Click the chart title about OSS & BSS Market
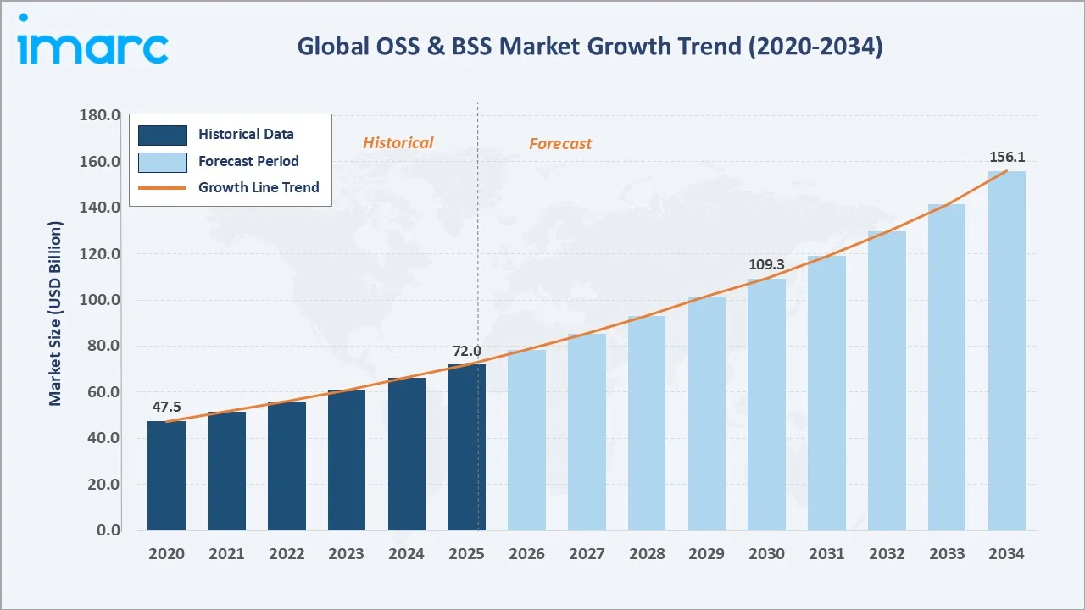pyautogui.click(x=589, y=47)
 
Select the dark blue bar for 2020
pyautogui.click(x=166, y=475)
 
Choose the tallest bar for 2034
pyautogui.click(x=1006, y=351)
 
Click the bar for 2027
pyautogui.click(x=587, y=432)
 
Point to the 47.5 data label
pyautogui.click(x=167, y=407)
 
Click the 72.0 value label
pyautogui.click(x=465, y=351)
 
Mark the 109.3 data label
pyautogui.click(x=766, y=265)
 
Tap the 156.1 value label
pyautogui.click(x=1006, y=157)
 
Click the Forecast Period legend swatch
pyautogui.click(x=163, y=161)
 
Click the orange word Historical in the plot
pyautogui.click(x=398, y=143)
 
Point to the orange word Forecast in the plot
pyautogui.click(x=560, y=144)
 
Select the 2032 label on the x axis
pyautogui.click(x=887, y=554)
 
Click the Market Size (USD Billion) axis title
pyautogui.click(x=56, y=313)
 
